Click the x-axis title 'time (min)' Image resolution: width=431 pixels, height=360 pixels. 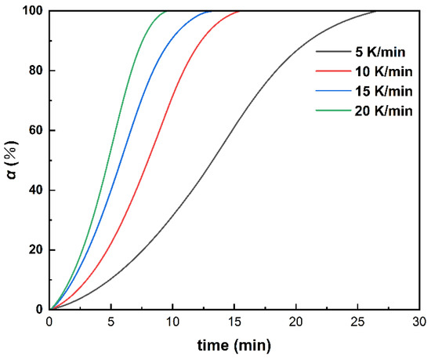234,344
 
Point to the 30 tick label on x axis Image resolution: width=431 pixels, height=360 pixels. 419,322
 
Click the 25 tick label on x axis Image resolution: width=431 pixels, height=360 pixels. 357,322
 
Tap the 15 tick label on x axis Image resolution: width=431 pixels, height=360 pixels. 234,322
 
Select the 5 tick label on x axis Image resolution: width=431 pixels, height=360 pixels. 111,322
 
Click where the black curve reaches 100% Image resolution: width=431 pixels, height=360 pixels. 375,11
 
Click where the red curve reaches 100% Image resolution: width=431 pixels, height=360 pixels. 240,11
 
